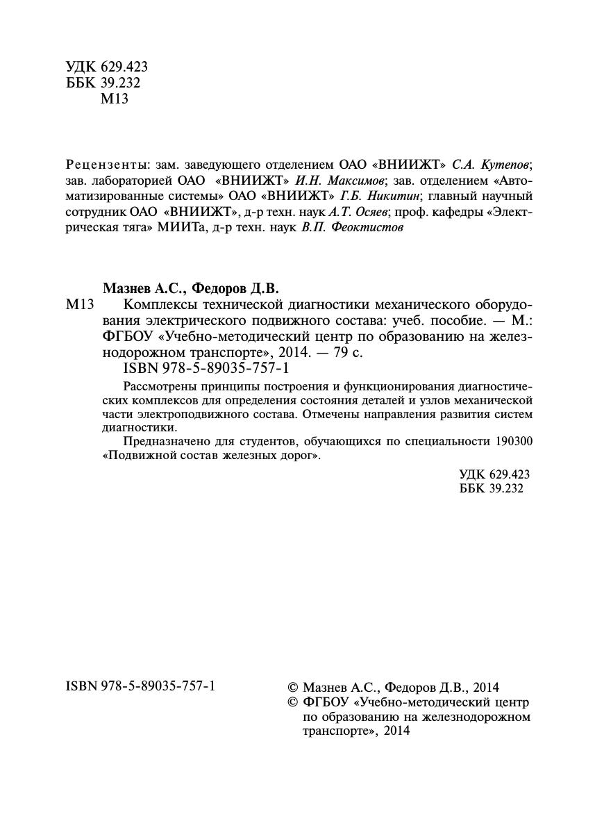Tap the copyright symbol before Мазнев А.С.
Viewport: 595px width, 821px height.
pos(292,686)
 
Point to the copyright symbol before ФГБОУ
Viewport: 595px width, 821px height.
pos(292,702)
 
